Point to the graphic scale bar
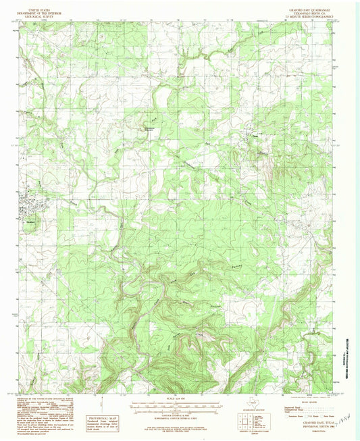174,409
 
